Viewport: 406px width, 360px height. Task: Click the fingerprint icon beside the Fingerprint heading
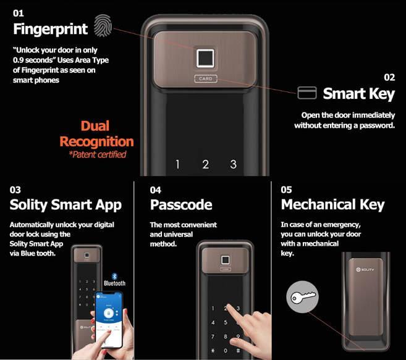pos(103,25)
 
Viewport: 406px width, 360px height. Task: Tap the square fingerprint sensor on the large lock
pos(205,58)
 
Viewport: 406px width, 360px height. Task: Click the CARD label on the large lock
pos(206,78)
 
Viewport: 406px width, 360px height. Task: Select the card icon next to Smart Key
pos(307,93)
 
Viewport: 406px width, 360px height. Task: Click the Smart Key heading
pos(358,94)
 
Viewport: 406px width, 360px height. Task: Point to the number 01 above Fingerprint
pos(18,13)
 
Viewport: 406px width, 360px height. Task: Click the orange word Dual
pos(95,126)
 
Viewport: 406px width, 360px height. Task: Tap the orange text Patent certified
pos(98,154)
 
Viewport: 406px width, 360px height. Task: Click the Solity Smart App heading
pos(66,205)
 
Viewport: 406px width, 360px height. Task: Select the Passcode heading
pos(181,205)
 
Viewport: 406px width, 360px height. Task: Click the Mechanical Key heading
pos(332,205)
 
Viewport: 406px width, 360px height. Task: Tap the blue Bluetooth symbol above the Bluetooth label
pos(114,276)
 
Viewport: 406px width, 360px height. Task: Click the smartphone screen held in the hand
pos(109,320)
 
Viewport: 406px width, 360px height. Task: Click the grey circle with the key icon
pos(302,297)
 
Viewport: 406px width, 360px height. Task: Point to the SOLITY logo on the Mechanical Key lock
pos(365,270)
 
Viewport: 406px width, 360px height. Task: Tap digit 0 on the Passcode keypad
pos(226,351)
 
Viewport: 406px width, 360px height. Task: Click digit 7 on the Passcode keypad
pos(213,337)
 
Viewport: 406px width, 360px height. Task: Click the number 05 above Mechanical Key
pos(286,190)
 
